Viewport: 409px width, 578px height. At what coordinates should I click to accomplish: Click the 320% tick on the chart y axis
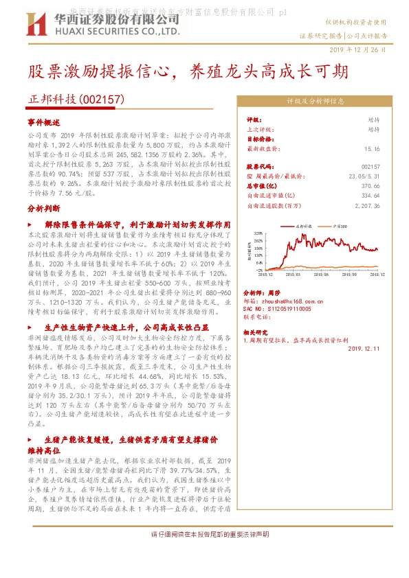(258, 233)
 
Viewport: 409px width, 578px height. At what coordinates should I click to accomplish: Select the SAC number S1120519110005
(284, 308)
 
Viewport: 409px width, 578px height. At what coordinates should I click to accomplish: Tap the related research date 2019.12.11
(363, 348)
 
